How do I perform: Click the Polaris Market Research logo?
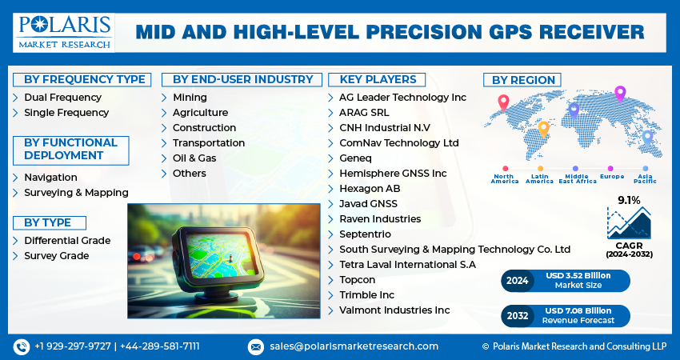(63, 31)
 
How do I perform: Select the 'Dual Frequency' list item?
(62, 98)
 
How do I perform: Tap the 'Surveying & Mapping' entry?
(76, 193)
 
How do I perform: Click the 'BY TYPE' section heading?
(48, 223)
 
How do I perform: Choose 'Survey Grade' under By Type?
(56, 256)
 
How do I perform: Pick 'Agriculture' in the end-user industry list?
(200, 113)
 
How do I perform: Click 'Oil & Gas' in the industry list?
(194, 158)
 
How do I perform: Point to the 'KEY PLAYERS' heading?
(378, 79)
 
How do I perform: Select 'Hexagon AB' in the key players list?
(370, 189)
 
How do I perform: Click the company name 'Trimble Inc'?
(367, 295)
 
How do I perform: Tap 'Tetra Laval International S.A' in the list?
(407, 265)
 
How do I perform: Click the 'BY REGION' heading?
(522, 80)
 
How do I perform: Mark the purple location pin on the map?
(619, 94)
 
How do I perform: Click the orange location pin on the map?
(543, 128)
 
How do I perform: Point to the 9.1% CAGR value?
(629, 201)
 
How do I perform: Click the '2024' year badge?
(518, 281)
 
